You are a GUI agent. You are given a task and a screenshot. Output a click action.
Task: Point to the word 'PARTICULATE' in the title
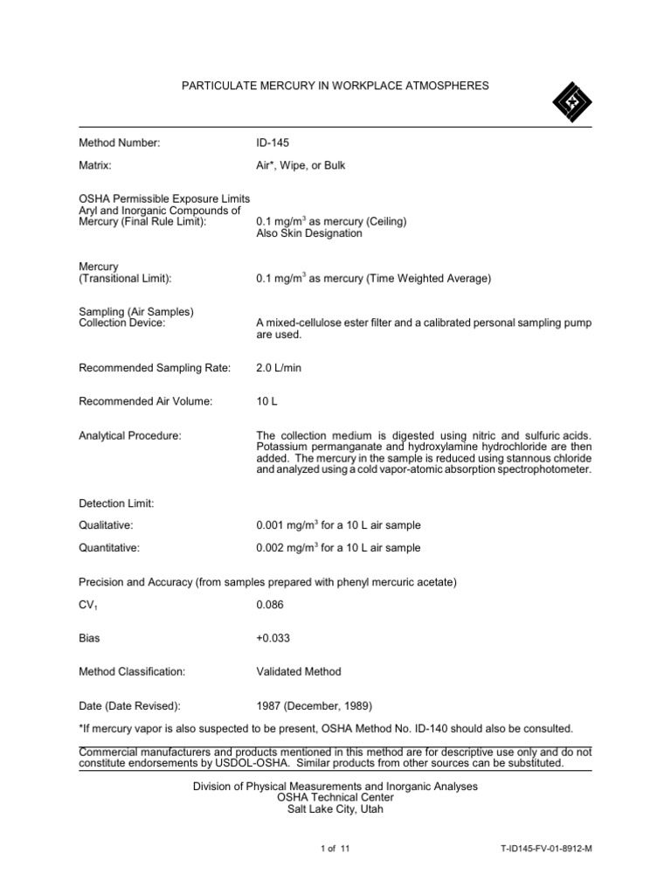[217, 86]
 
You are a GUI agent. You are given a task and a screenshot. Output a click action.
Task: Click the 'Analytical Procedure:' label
[130, 435]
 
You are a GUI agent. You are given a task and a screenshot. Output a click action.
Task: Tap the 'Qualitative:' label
[106, 525]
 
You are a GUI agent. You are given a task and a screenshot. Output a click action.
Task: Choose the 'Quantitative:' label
[109, 548]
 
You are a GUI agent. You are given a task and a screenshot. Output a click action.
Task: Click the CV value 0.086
[271, 604]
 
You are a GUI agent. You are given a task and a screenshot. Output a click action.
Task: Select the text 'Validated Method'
[298, 672]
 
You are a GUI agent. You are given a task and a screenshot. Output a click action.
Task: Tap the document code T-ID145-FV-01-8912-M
[542, 849]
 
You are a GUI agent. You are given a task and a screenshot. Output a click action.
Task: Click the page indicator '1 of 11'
[335, 849]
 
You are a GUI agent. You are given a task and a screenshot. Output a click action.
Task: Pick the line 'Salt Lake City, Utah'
[335, 809]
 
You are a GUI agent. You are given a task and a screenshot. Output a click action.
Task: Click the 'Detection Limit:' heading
[116, 503]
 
